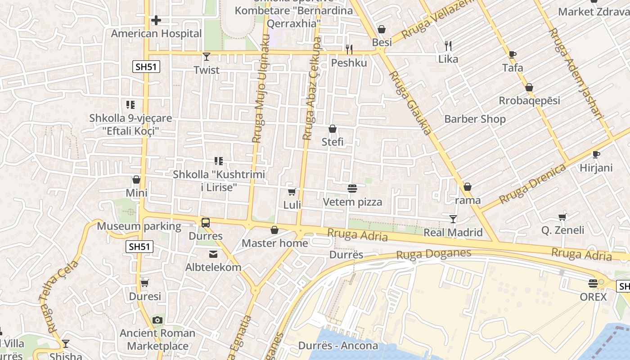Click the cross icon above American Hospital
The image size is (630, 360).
156,20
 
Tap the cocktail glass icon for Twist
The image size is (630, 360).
207,57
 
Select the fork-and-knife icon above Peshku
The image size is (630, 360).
349,49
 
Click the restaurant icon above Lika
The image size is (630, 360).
448,45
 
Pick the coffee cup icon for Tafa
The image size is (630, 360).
512,54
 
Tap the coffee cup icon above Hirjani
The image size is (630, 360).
596,155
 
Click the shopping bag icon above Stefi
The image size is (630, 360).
333,129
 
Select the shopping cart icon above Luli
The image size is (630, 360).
292,192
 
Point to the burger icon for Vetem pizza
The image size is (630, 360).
352,189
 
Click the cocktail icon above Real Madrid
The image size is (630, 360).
453,219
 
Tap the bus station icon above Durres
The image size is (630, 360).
205,222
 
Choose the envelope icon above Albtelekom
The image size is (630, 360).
213,254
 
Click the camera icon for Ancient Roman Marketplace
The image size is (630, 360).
157,320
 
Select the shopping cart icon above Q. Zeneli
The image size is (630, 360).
562,217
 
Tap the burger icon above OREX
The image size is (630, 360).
593,283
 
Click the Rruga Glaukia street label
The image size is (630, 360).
410,103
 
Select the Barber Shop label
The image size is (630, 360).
475,119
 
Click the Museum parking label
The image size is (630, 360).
139,226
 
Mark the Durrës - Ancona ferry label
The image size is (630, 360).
338,346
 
